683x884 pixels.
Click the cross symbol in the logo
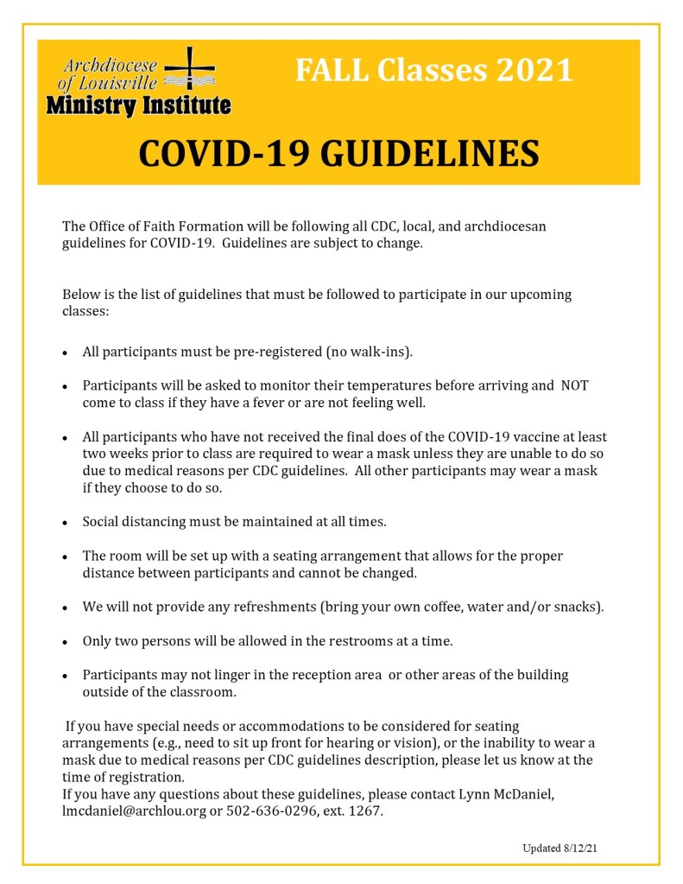pyautogui.click(x=190, y=68)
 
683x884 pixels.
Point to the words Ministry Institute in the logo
pyautogui.click(x=138, y=106)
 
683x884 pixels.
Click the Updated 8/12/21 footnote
pyautogui.click(x=560, y=848)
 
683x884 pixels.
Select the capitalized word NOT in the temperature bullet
pyautogui.click(x=574, y=385)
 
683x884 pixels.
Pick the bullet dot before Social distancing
pyautogui.click(x=66, y=523)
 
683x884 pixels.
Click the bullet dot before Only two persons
pyautogui.click(x=66, y=643)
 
